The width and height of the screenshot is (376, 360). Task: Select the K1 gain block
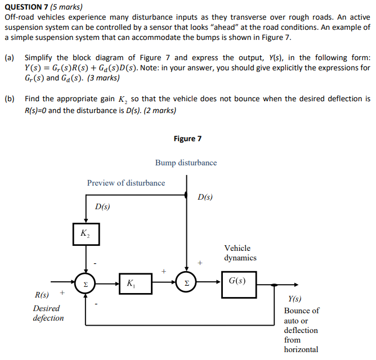click(x=135, y=283)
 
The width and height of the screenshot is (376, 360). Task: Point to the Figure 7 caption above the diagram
click(x=188, y=138)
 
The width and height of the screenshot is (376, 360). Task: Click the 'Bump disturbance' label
click(x=186, y=163)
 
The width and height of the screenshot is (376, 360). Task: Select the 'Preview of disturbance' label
click(x=126, y=183)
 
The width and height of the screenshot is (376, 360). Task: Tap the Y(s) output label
click(x=294, y=300)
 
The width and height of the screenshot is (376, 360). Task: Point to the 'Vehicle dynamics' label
click(x=240, y=253)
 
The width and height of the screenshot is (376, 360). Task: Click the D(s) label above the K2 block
click(x=102, y=206)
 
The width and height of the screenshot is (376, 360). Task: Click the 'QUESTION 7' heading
click(x=26, y=7)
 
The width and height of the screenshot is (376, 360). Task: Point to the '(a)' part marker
click(x=10, y=58)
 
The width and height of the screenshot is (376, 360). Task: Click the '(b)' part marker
click(x=10, y=99)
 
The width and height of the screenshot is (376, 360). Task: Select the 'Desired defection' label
click(x=48, y=313)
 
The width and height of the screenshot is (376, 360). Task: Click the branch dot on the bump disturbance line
click(x=186, y=195)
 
